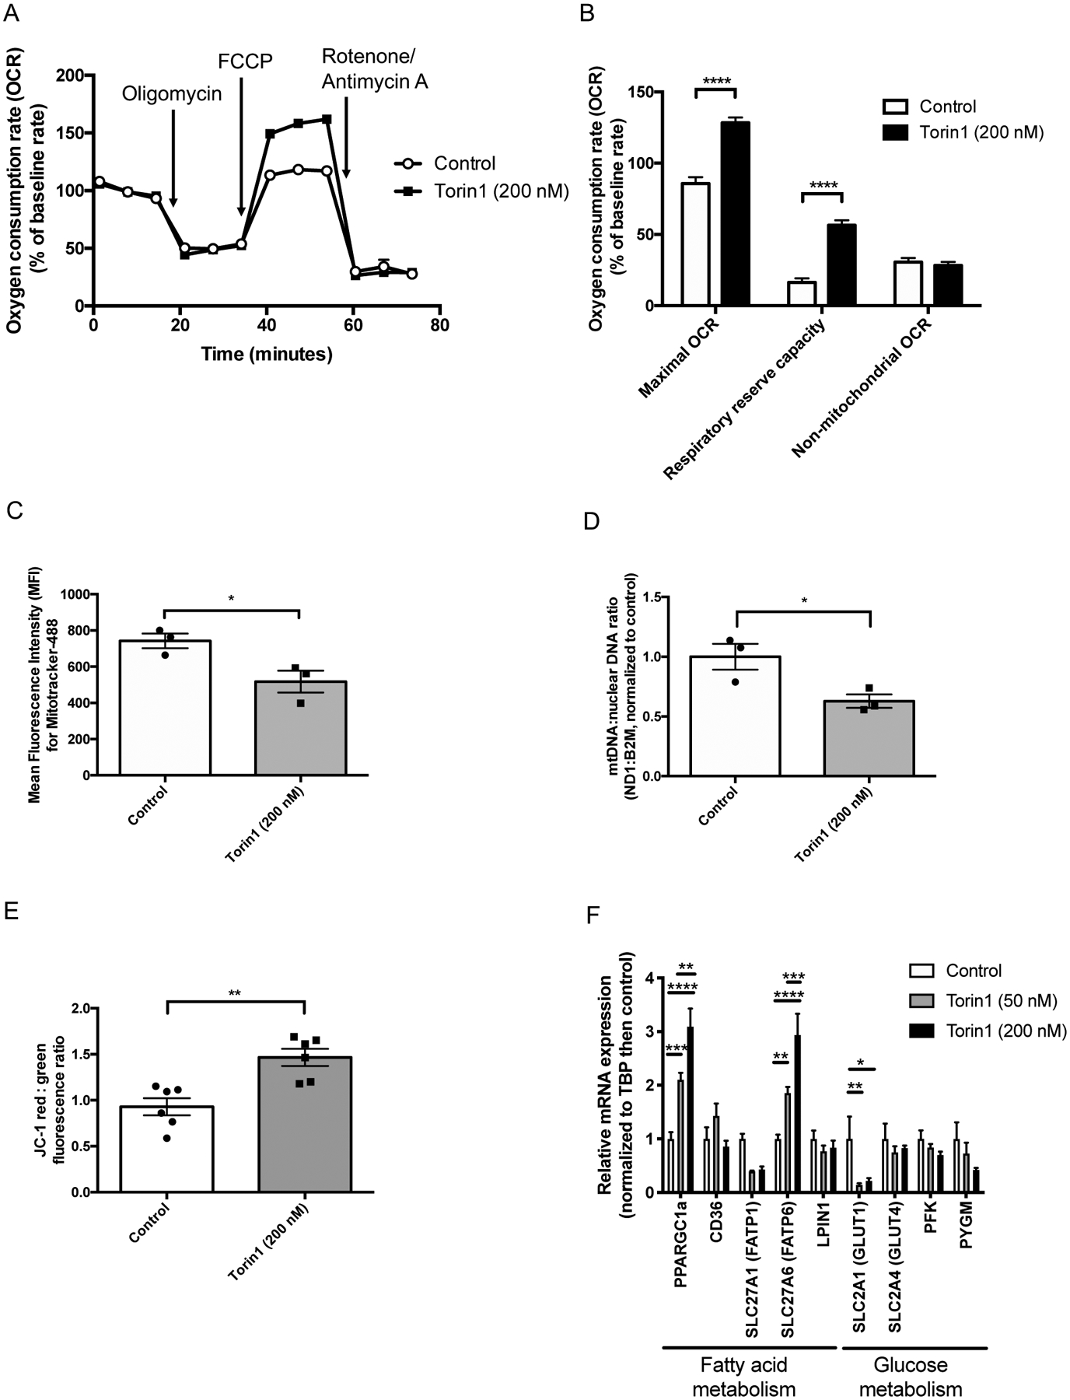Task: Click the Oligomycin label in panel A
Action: [172, 94]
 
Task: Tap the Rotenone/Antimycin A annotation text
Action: [375, 69]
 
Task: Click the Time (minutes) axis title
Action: [267, 355]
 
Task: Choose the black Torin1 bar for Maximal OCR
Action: [735, 214]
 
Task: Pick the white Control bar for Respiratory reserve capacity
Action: [802, 294]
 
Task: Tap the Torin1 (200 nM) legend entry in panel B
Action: [981, 133]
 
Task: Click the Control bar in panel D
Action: [735, 716]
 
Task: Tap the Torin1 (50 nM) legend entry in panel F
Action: [995, 1000]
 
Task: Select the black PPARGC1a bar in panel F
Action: [690, 1110]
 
